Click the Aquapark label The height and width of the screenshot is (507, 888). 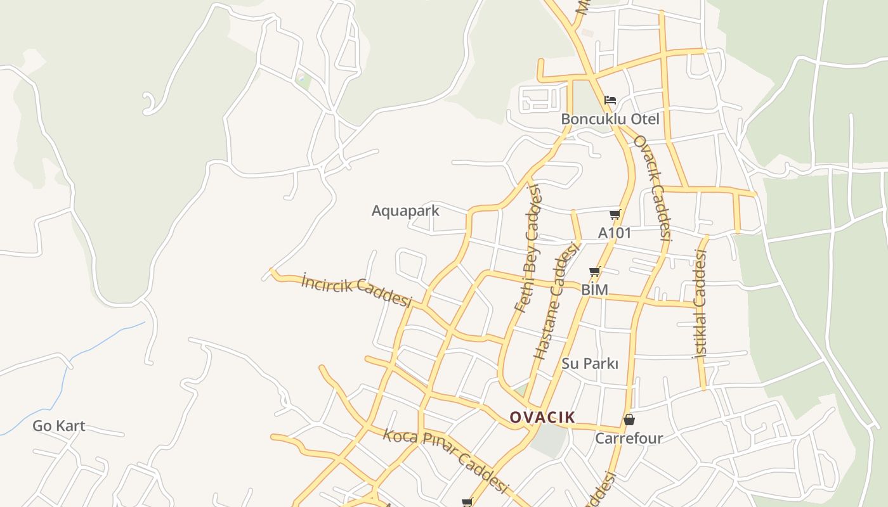405,210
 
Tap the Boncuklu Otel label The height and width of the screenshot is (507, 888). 610,119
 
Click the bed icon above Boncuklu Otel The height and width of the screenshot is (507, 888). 610,100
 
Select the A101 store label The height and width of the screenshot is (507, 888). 615,233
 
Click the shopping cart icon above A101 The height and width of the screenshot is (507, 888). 615,215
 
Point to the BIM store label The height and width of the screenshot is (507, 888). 594,290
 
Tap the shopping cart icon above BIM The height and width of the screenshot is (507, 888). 594,272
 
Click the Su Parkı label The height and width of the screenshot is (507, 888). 589,364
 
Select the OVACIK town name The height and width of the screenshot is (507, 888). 542,417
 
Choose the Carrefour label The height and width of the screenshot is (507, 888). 629,438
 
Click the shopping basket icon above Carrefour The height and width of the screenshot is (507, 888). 629,420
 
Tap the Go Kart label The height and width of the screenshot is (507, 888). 59,426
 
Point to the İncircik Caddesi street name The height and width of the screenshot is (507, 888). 356,290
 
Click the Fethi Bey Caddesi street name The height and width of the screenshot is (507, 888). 528,248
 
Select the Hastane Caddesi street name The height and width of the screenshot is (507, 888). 558,301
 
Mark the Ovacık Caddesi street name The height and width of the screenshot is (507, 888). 653,188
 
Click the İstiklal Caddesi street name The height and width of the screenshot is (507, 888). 701,304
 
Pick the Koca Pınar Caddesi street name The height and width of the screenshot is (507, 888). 446,461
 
